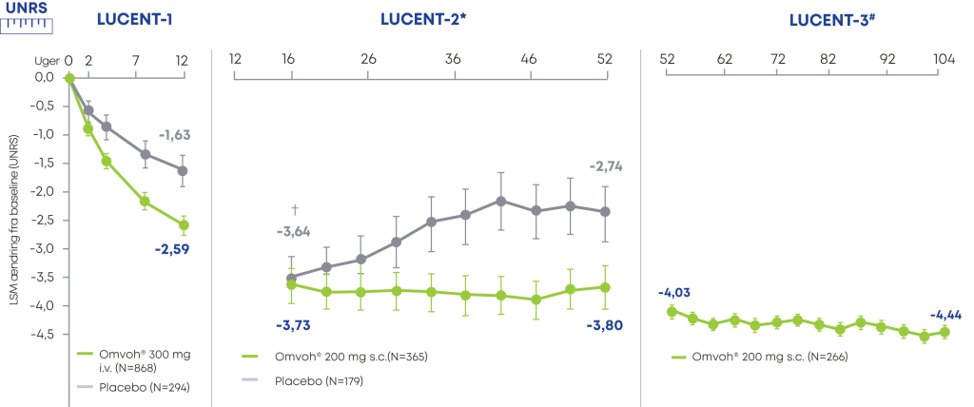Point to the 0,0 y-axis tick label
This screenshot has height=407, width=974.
(x=44, y=77)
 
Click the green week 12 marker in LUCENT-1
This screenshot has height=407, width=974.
(x=184, y=225)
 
